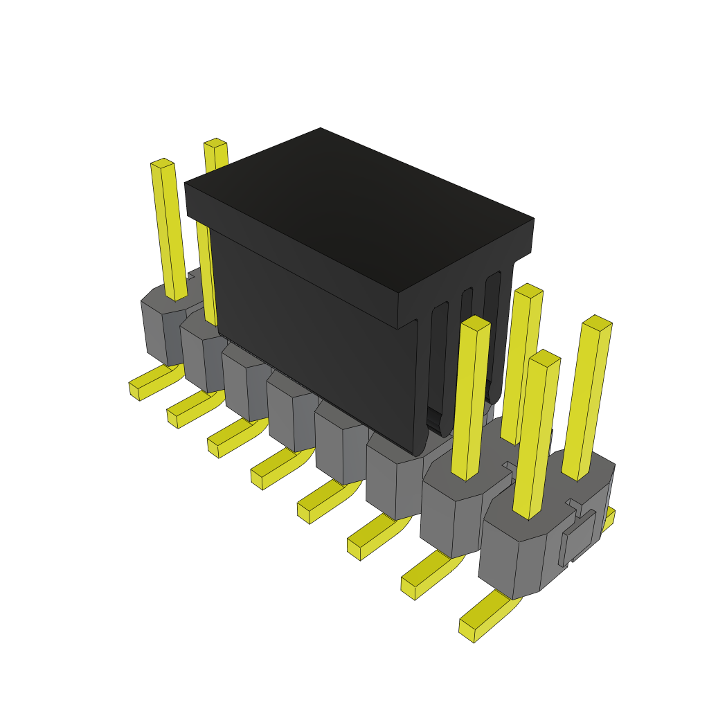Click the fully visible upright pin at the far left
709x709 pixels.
pos(169,228)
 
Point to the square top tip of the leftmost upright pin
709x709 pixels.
pos(162,163)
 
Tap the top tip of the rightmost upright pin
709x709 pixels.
pos(597,322)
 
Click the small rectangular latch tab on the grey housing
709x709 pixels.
pos(578,537)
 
